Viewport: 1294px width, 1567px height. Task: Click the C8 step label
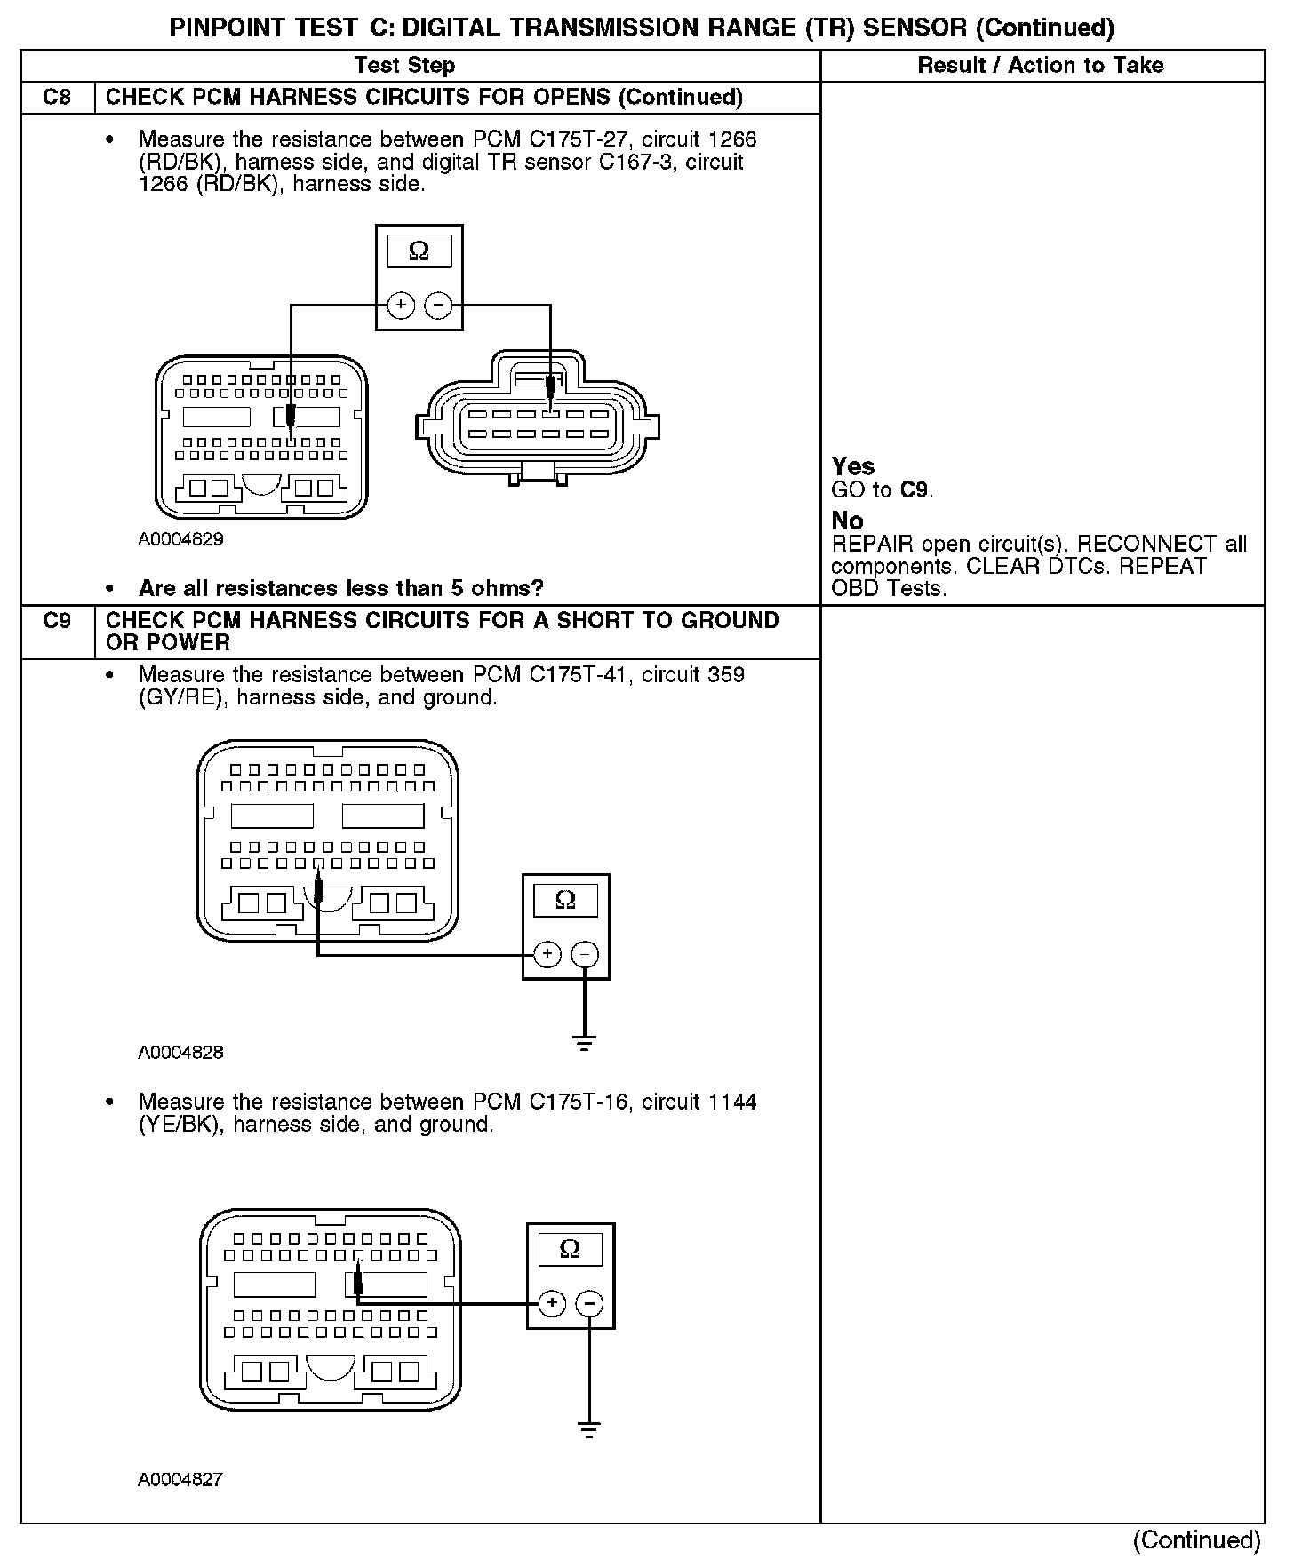coord(57,97)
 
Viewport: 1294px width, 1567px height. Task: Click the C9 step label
coord(57,620)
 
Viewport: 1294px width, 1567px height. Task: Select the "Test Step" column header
coord(404,65)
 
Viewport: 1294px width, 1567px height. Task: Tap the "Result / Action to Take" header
coord(1041,65)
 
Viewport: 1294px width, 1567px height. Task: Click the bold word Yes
coord(853,466)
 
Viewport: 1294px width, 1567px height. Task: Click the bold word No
coord(847,521)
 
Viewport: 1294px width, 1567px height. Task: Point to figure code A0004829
coord(180,539)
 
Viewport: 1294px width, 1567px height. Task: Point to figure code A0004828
coord(180,1053)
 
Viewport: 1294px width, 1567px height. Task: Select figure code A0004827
coord(180,1480)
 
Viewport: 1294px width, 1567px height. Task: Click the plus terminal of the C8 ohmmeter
coord(401,306)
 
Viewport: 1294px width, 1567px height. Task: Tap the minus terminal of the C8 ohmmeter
coord(438,306)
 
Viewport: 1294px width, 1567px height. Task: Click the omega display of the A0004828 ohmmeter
coord(565,901)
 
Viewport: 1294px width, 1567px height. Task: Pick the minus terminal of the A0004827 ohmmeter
coord(589,1304)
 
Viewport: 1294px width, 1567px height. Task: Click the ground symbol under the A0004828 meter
coord(584,1043)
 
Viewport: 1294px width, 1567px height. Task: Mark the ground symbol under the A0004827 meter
coord(588,1429)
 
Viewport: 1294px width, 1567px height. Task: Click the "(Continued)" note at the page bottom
coord(1197,1540)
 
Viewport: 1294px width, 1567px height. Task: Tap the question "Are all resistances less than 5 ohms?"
coord(340,588)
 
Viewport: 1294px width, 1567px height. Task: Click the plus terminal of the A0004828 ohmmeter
coord(547,954)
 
